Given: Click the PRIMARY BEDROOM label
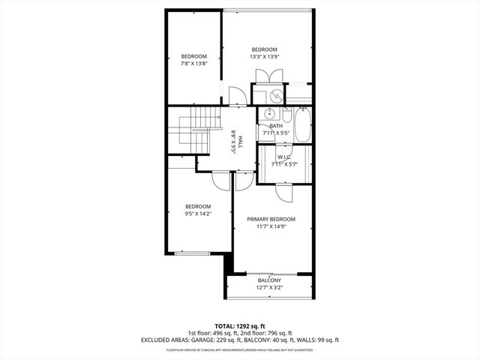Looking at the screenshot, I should (x=271, y=219).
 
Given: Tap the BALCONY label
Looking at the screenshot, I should (x=269, y=280).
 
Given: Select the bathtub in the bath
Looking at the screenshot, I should (x=301, y=124).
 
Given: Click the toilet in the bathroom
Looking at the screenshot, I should (x=285, y=114).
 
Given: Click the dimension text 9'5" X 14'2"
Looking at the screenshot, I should (x=198, y=213).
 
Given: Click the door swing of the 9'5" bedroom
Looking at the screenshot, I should (x=220, y=180).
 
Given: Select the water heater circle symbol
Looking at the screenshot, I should (x=275, y=95).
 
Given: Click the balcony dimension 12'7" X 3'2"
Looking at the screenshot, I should (x=269, y=287).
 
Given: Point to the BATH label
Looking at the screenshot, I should (x=276, y=126).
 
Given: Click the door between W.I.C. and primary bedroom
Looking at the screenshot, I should (x=283, y=192).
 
